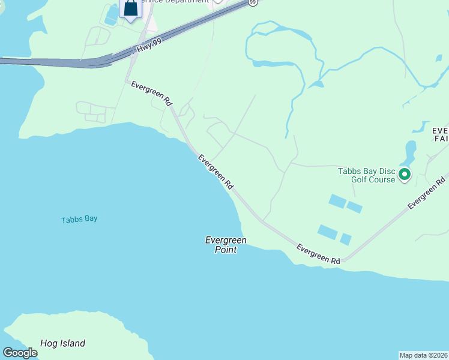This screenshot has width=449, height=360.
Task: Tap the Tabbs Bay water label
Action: [x=79, y=219]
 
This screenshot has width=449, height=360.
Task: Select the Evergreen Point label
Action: [x=226, y=245]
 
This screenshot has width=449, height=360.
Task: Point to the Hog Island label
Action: [x=62, y=344]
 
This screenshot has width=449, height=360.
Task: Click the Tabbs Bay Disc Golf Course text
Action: [x=366, y=175]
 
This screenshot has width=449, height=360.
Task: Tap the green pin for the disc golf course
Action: [x=405, y=175]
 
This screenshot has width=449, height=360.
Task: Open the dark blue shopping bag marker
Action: [x=130, y=8]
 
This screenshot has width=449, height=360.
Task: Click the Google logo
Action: [x=20, y=353]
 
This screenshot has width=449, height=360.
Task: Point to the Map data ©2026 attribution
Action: [x=423, y=355]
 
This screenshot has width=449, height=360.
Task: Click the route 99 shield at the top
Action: [x=253, y=2]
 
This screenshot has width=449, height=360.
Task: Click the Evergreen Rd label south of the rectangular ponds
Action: [x=319, y=254]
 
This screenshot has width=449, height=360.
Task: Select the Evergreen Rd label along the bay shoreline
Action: [x=215, y=172]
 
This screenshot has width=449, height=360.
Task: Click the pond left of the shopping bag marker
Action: [x=112, y=14]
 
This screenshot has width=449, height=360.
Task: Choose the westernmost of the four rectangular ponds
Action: [x=328, y=232]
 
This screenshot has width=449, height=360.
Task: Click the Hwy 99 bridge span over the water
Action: [x=48, y=61]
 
